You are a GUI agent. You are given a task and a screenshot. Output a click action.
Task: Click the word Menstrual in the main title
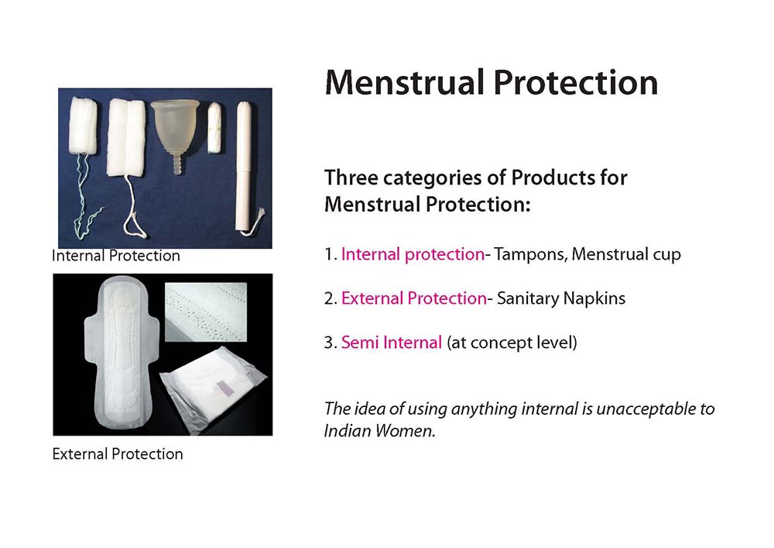click(x=405, y=82)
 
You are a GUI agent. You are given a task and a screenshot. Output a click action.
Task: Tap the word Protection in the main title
click(x=576, y=82)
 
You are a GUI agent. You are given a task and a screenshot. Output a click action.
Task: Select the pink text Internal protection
click(x=413, y=254)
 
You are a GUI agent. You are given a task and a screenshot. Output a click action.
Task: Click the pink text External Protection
click(x=413, y=298)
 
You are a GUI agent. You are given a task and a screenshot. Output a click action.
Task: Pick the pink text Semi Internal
click(x=392, y=343)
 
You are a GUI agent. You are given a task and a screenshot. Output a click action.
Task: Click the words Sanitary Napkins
click(x=561, y=298)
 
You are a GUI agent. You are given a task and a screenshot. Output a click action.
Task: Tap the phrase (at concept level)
click(x=512, y=343)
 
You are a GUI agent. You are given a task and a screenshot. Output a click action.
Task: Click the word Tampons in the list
click(x=531, y=254)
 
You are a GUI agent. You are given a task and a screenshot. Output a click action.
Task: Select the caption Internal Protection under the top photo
click(x=116, y=256)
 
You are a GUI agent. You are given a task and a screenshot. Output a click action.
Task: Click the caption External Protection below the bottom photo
click(x=118, y=453)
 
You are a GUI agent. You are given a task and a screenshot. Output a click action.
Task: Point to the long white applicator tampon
click(x=243, y=166)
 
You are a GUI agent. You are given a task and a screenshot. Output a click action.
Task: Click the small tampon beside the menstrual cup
click(x=214, y=127)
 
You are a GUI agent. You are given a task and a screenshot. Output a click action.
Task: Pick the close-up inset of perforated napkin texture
click(x=205, y=312)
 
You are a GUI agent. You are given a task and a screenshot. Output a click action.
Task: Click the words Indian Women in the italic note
click(x=379, y=431)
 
